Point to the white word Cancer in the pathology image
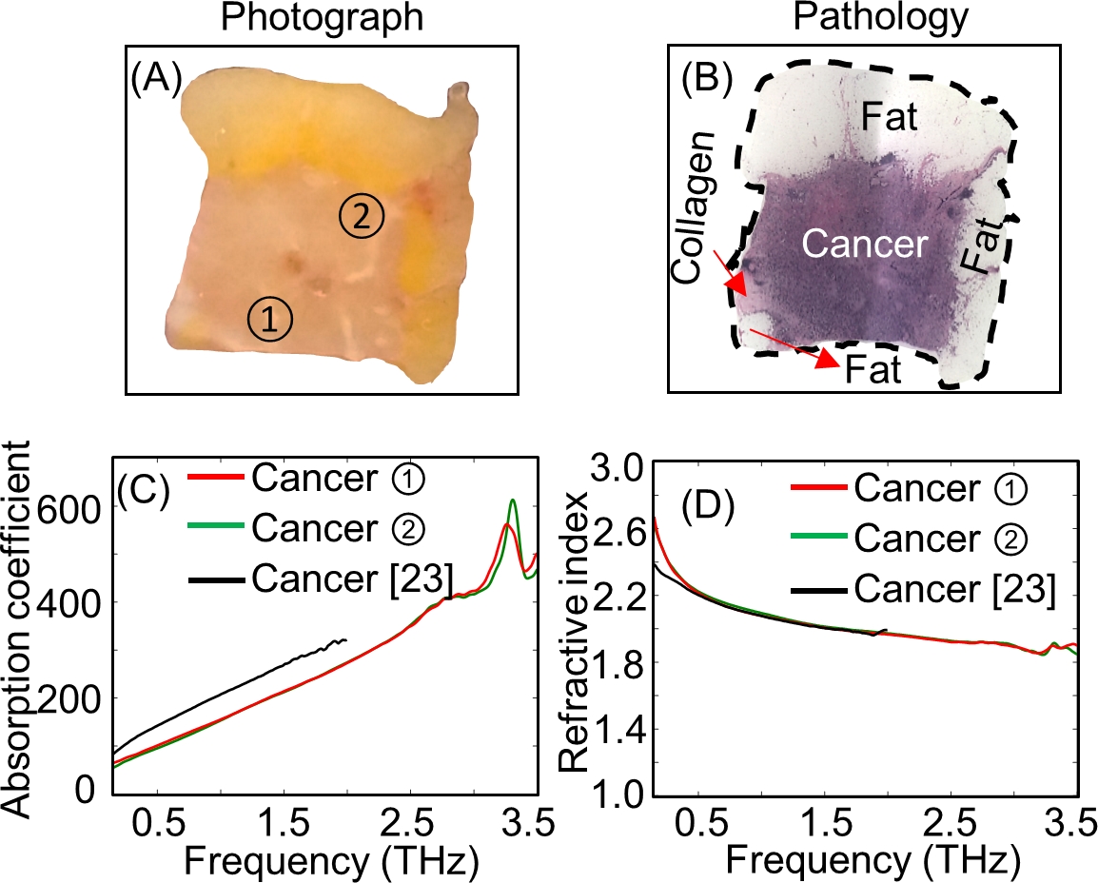[x=862, y=245]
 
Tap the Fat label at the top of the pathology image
[x=890, y=118]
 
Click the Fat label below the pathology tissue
[x=873, y=370]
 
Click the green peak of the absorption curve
[x=513, y=500]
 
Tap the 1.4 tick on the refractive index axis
[x=623, y=730]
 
